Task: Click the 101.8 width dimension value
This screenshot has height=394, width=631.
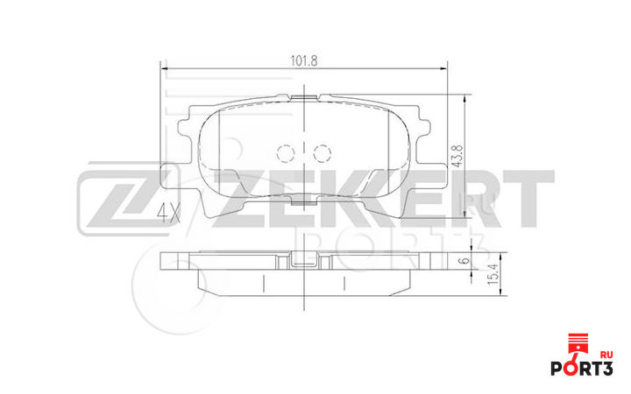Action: point(304,60)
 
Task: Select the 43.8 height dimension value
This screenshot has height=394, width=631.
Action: point(456,154)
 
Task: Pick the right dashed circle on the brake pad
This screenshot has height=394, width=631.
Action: point(321,154)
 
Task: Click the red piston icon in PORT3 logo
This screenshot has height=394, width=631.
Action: point(577,343)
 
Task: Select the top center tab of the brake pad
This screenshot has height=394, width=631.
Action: point(303,96)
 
